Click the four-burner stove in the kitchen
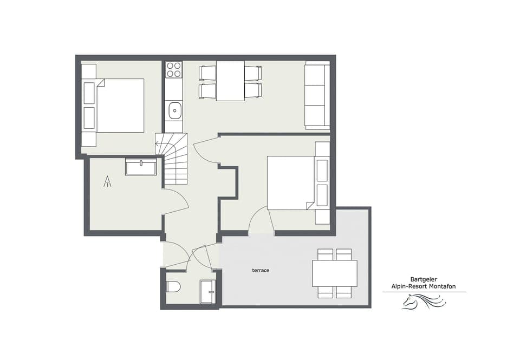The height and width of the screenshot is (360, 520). tap(174, 70)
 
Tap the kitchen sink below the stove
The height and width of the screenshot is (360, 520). tap(174, 111)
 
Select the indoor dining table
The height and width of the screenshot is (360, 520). tap(230, 81)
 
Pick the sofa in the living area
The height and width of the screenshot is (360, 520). tap(317, 96)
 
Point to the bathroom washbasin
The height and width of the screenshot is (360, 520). tap(141, 167)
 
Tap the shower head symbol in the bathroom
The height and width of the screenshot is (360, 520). tap(108, 181)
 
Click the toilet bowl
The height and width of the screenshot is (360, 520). tap(173, 287)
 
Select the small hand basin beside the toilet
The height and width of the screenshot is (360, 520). tap(207, 291)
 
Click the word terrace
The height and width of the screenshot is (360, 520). tap(261, 270)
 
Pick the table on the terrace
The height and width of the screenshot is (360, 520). tap(334, 273)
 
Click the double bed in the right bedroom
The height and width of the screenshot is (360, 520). tap(292, 183)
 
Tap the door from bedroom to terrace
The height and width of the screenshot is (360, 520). tap(261, 221)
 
